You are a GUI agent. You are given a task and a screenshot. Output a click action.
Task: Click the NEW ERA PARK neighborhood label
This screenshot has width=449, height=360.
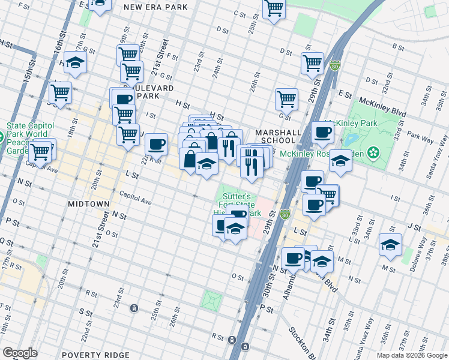155,7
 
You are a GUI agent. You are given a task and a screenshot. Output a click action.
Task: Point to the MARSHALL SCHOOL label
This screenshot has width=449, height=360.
276,136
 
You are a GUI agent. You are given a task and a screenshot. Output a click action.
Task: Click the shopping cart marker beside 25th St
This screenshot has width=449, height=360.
274,8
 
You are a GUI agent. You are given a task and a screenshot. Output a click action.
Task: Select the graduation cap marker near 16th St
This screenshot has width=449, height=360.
76,63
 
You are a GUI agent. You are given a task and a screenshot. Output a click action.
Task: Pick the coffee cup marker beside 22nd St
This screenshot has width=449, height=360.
156,144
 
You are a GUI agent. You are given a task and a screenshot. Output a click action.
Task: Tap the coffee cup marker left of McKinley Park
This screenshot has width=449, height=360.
322,132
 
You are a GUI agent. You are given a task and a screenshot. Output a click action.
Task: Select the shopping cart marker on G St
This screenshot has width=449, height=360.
286,99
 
